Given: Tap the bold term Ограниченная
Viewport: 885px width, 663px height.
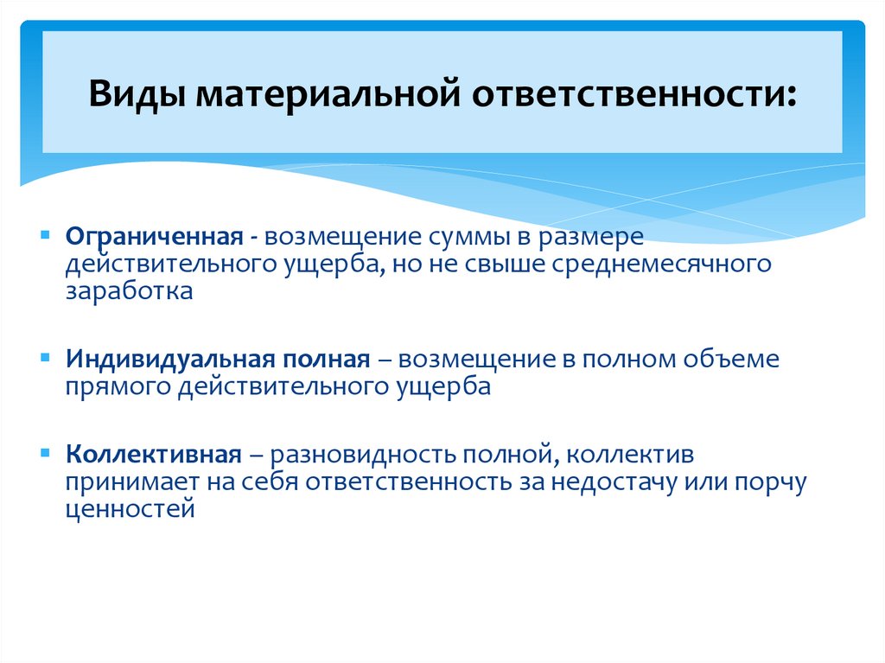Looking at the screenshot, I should [152, 237].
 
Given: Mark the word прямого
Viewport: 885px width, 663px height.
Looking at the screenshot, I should [118, 386].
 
